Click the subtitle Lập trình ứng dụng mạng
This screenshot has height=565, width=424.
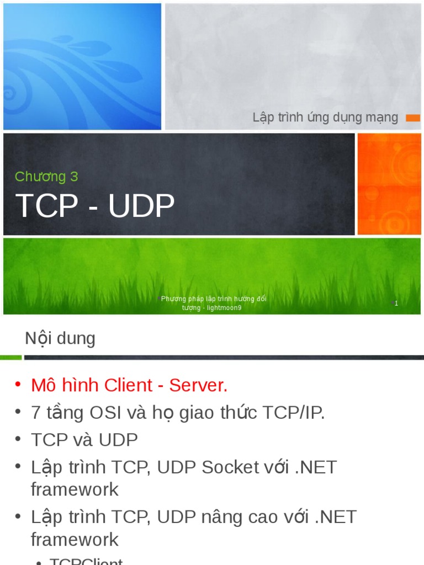(x=325, y=117)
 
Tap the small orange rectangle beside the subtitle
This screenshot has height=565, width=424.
(x=413, y=118)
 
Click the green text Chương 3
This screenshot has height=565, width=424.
(x=46, y=177)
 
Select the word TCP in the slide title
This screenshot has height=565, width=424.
(x=47, y=206)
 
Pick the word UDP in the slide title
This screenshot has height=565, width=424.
(x=141, y=206)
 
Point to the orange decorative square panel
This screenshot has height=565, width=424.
(x=389, y=184)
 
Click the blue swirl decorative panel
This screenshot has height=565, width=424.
(x=82, y=66)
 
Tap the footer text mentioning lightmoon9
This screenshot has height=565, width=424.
(x=212, y=303)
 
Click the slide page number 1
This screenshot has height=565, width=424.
(x=396, y=303)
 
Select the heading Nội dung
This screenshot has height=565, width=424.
(x=60, y=338)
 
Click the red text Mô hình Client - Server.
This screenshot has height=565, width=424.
(x=129, y=385)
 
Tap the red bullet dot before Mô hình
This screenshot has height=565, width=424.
(x=18, y=384)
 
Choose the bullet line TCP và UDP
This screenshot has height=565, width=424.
(x=84, y=440)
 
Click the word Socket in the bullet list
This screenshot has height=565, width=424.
(x=230, y=467)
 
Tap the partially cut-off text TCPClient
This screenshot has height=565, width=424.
(x=86, y=561)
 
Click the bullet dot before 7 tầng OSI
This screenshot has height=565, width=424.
(x=18, y=412)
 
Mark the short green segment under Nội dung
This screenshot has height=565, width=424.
(x=10, y=358)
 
